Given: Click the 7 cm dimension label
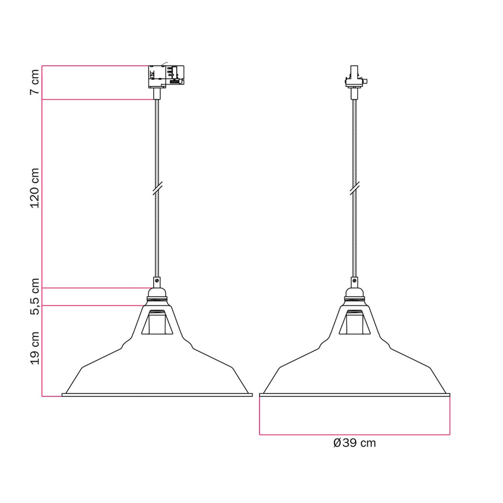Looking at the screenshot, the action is coord(35,82).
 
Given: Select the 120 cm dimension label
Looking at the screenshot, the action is coord(35,188).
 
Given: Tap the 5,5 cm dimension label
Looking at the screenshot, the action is coord(35,296).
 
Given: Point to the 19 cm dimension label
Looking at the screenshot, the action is coord(35,348).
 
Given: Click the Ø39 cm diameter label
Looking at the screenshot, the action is coord(355,443).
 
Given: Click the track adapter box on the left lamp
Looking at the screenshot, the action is coord(166,77).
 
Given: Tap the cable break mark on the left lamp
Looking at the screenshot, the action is coord(157,188).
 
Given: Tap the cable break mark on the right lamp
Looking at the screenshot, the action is coord(355,188).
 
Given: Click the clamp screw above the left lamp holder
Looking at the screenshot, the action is coord(157,280).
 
